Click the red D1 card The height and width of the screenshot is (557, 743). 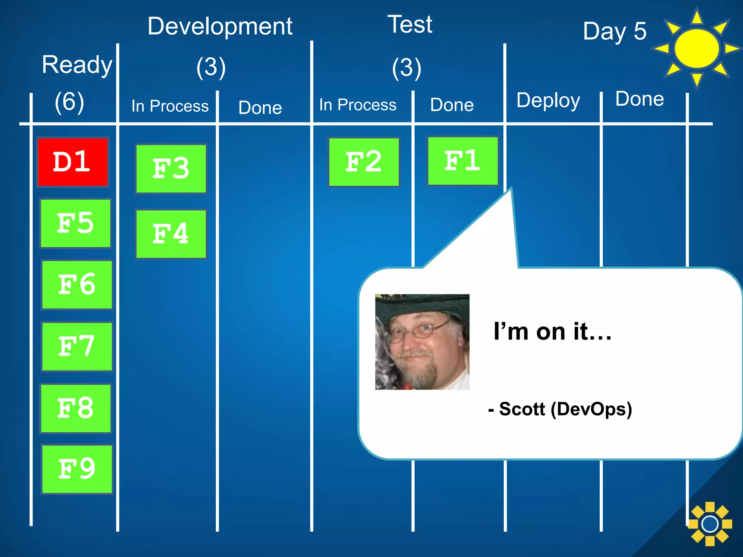pos(73,162)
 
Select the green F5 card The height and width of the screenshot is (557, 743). pos(75,223)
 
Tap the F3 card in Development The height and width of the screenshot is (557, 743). pos(171,169)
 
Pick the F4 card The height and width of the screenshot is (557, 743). pos(171,234)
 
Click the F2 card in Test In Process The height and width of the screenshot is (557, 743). pos(364,162)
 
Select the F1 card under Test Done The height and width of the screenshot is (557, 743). pos(463,161)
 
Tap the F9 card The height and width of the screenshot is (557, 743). pos(77,469)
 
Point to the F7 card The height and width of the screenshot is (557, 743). pos(77,346)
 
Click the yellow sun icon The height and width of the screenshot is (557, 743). pos(697,49)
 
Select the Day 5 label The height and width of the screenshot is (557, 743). pos(615,31)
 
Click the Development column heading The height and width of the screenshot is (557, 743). pos(220,26)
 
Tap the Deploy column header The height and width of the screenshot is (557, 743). pos(548,100)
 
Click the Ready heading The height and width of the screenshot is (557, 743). pos(77,65)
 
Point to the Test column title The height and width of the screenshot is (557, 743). pos(410,25)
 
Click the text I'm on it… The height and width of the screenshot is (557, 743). pos(552,331)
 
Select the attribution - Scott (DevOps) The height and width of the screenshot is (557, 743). pos(560,409)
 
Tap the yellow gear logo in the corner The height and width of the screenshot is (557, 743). pos(710,524)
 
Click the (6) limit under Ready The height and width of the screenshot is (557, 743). pos(69,102)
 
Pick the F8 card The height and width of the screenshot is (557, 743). pos(75,408)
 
